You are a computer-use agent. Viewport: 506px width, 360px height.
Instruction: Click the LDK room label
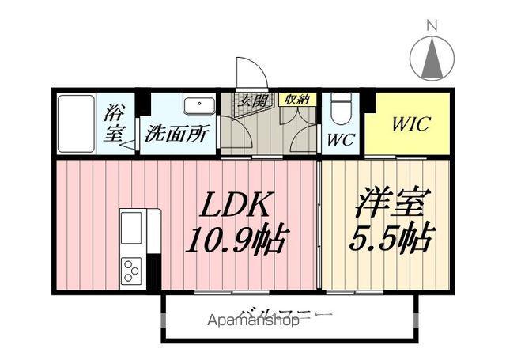click(x=236, y=207)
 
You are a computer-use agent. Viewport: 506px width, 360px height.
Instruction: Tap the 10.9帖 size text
click(x=236, y=237)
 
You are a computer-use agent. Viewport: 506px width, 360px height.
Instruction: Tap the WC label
click(x=341, y=140)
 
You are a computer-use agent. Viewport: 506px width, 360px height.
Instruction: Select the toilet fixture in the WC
click(x=341, y=109)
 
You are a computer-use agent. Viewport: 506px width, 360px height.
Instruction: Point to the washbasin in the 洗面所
click(x=198, y=105)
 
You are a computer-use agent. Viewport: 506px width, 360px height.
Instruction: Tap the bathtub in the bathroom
click(x=76, y=123)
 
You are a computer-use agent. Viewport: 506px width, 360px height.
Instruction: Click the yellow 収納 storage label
click(x=297, y=99)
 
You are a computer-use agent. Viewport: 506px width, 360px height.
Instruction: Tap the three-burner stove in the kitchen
click(x=130, y=271)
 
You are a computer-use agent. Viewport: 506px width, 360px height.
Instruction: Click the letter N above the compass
click(x=432, y=25)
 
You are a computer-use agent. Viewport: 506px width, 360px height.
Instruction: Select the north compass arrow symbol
click(x=432, y=59)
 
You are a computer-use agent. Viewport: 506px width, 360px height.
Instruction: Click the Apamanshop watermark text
click(x=253, y=321)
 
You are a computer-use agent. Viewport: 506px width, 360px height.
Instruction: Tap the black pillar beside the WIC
click(x=368, y=101)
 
